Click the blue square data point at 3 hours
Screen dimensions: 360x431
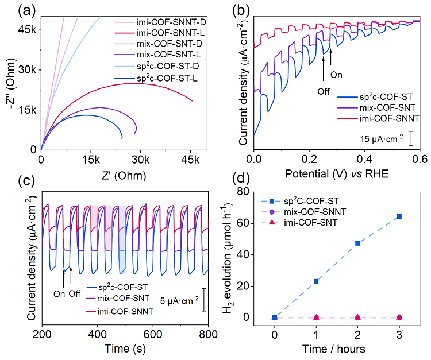click(399, 216)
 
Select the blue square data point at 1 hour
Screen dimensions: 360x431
click(316, 281)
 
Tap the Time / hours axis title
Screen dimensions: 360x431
click(337, 350)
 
